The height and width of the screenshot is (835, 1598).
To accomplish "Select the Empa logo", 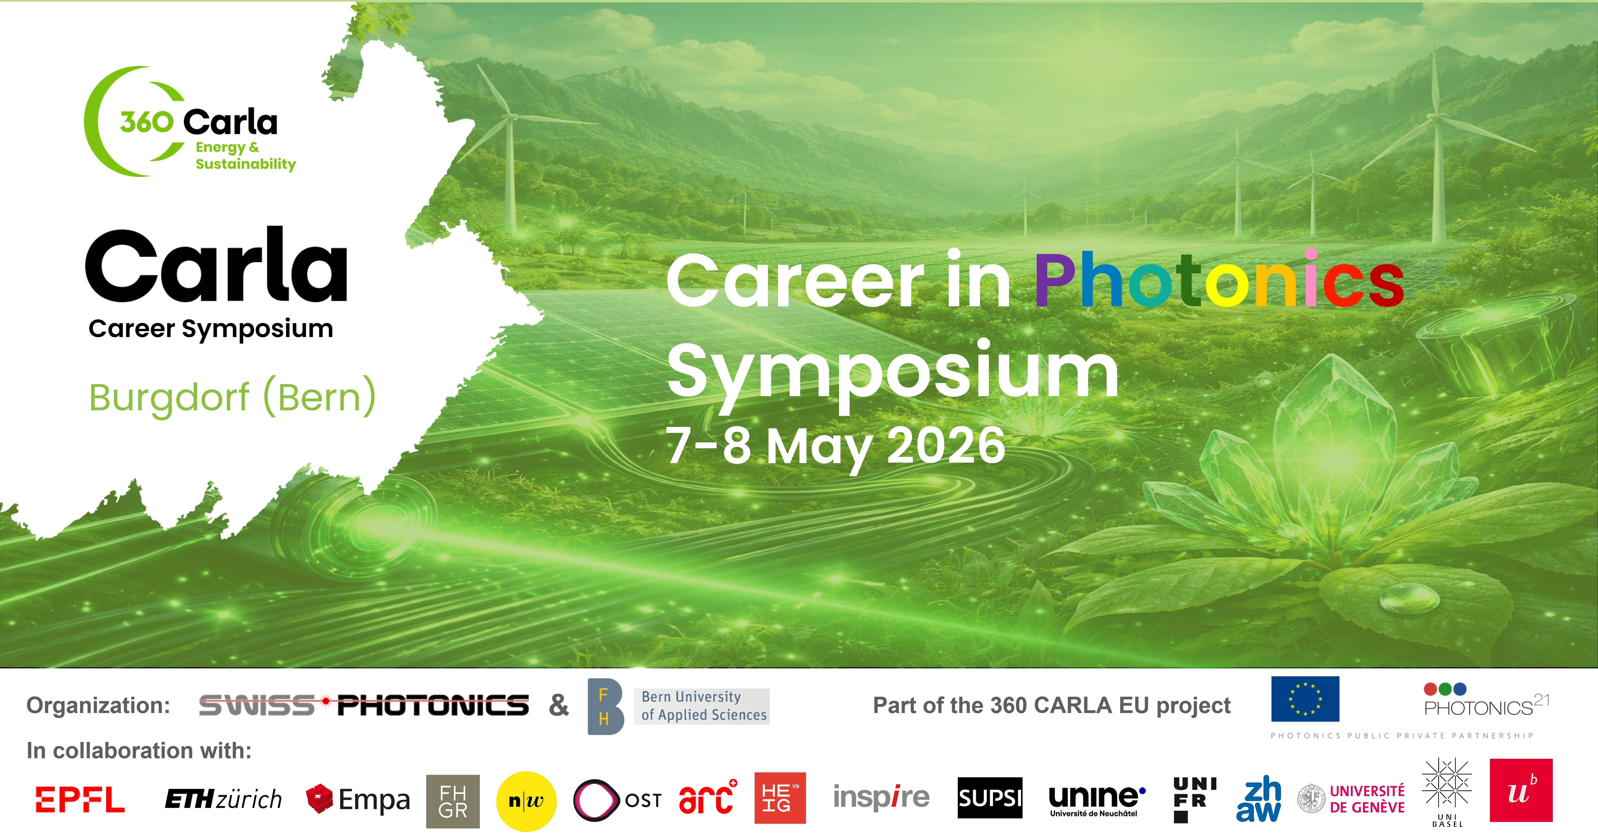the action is coord(358,799).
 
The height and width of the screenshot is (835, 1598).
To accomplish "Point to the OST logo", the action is coord(617,800).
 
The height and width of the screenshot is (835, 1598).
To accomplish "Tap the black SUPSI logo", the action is coord(990,798).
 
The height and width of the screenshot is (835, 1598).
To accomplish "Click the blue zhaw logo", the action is coord(1259,800).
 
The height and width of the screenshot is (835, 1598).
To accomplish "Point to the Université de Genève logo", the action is coord(1351,799).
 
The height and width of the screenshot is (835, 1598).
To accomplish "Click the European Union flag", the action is coord(1305,699).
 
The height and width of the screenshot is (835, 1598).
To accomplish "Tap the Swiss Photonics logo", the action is coord(364,705).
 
